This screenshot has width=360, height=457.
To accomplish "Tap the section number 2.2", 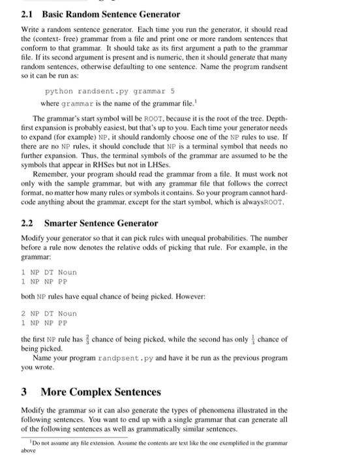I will coord(27,223).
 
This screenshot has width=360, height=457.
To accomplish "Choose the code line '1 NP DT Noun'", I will coord(49,272).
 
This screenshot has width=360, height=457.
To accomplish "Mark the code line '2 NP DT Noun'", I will coord(49,313).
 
